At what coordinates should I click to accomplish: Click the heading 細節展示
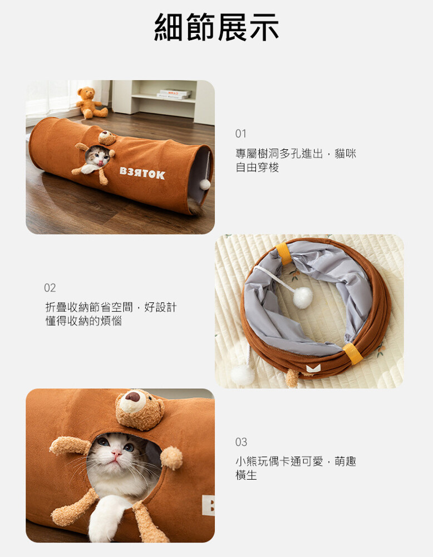tap(216, 27)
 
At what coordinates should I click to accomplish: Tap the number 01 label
tap(240, 134)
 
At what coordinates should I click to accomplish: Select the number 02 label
tap(50, 288)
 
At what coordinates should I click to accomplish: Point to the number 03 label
tap(241, 442)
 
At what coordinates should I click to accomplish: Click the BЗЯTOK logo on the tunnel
tap(142, 173)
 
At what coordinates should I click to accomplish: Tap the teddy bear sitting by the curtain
tap(91, 102)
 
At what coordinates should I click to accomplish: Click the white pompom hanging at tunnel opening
tap(205, 184)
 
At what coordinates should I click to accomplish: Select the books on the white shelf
tap(174, 95)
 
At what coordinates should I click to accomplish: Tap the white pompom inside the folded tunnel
tap(303, 297)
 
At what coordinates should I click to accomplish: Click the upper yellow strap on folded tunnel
tap(284, 253)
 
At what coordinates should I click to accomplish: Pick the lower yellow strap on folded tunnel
tap(353, 354)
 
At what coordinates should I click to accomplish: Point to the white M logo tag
tap(313, 368)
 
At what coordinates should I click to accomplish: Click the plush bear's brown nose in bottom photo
tap(132, 397)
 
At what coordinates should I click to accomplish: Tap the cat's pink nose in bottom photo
tap(116, 453)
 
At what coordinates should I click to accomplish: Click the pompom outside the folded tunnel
tap(243, 375)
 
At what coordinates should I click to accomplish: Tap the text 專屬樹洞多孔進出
tap(279, 154)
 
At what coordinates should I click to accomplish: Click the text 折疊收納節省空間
tap(89, 307)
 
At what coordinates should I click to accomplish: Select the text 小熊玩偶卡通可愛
tap(279, 461)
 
